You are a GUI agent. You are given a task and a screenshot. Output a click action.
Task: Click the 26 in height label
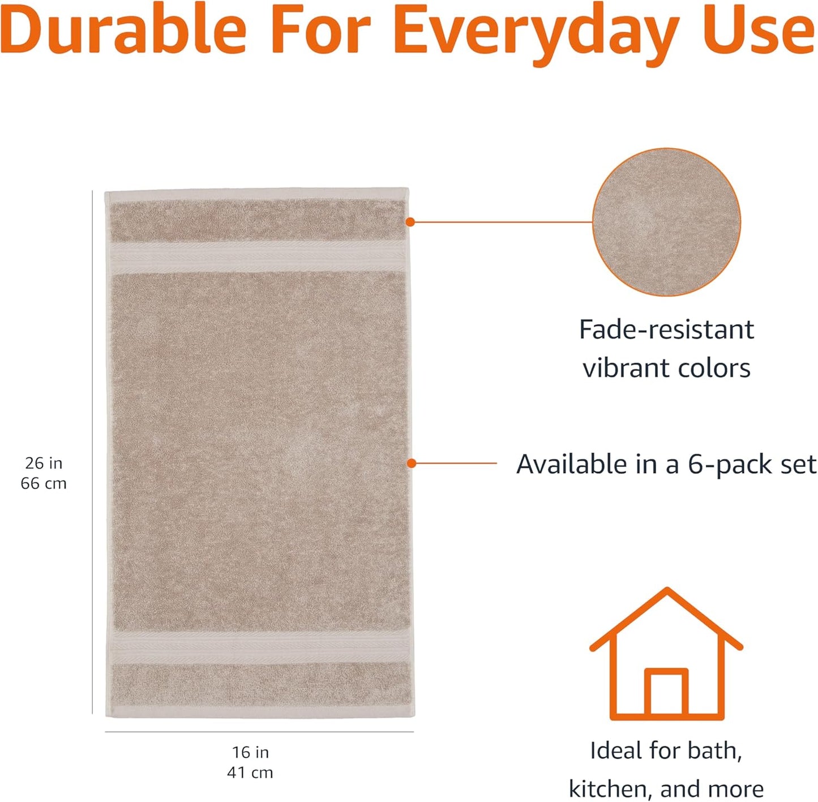point(44,464)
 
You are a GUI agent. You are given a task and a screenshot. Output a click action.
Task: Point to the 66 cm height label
point(44,484)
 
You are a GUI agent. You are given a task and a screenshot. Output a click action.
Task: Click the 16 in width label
point(250,753)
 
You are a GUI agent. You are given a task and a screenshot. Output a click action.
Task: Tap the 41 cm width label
point(250,773)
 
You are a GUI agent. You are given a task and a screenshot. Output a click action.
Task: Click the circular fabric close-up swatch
point(666,222)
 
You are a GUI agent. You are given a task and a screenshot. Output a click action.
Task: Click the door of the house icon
point(666,693)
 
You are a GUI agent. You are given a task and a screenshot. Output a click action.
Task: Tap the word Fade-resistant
point(666,329)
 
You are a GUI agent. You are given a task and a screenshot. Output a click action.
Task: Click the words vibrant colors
point(666,368)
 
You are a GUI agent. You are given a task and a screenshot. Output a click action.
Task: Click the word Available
point(572,465)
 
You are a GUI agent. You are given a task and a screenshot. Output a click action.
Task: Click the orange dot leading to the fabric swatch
point(410,222)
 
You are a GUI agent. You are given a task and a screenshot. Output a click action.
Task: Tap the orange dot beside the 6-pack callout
point(412,464)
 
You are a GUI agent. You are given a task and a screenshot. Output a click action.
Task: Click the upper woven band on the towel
point(258,257)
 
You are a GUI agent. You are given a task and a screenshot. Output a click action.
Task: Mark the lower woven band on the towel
point(258,649)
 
